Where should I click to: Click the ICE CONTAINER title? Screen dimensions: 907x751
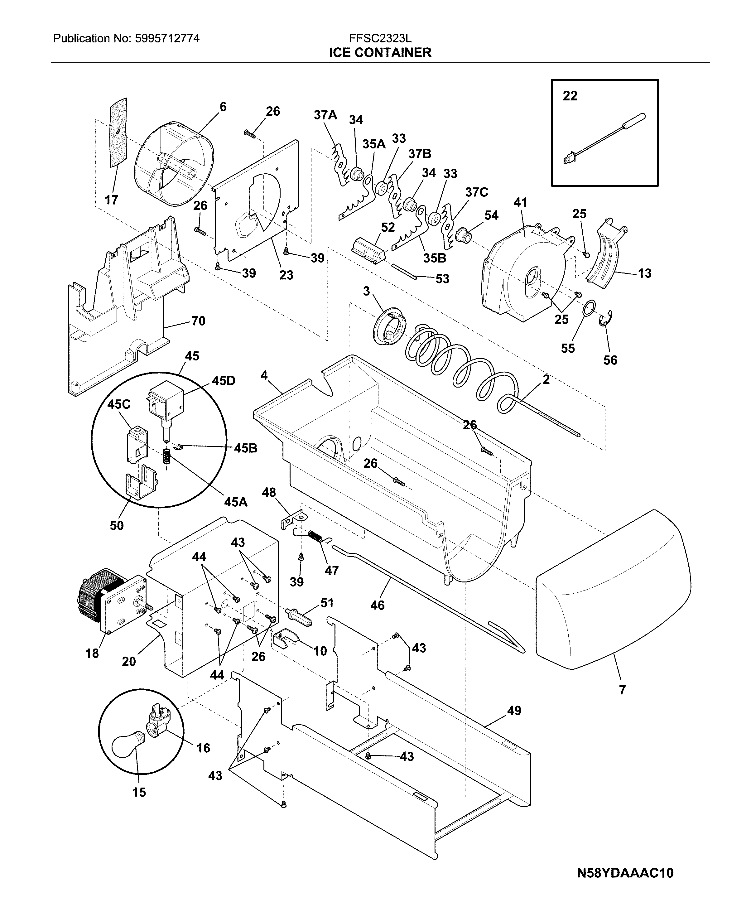click(380, 53)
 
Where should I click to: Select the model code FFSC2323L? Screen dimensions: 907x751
click(380, 38)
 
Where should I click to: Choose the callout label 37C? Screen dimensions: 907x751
click(476, 192)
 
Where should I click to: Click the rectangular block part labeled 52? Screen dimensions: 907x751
click(368, 250)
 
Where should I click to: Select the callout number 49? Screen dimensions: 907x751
click(514, 711)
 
